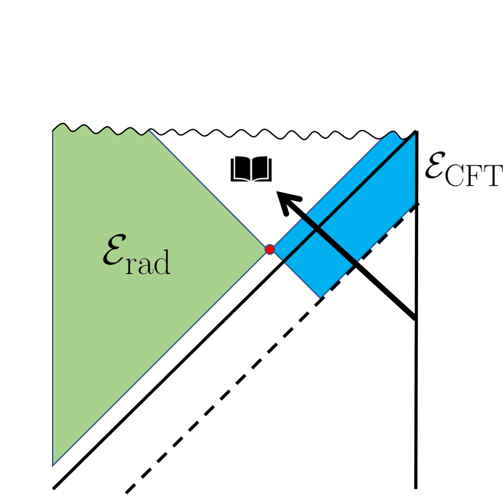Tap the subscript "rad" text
pos(149,262)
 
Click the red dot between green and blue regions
pos(270,249)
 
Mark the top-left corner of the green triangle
pos(53,129)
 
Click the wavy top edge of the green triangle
pos(101,130)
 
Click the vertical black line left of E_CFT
pos(416,168)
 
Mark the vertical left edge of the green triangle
pos(53,298)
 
